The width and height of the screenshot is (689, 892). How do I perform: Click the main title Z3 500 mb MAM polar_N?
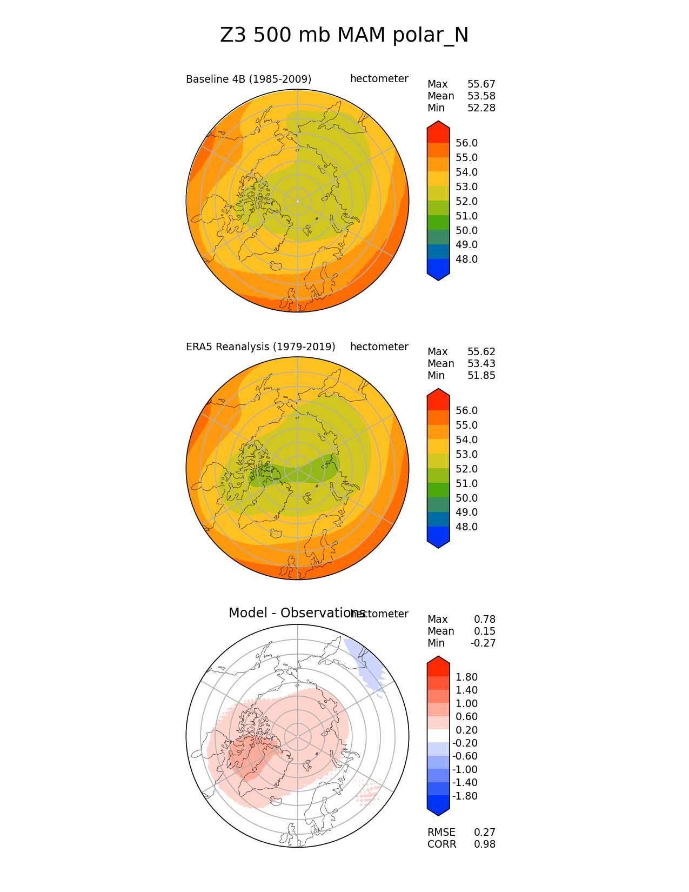(344, 36)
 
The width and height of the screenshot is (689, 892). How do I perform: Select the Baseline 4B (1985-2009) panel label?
(249, 79)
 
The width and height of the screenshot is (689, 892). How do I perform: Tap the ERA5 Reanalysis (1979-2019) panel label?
(260, 347)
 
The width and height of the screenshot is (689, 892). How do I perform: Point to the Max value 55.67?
(481, 84)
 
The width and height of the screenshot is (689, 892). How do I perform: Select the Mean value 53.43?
(481, 364)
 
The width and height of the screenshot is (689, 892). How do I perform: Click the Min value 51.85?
(481, 376)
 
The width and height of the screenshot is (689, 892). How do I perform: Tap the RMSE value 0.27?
(484, 833)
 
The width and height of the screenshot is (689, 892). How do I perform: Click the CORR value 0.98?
(484, 844)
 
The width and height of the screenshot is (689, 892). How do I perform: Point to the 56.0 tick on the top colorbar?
(466, 143)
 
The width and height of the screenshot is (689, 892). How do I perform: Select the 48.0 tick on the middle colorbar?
(466, 527)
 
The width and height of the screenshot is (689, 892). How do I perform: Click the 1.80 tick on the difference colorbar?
(466, 677)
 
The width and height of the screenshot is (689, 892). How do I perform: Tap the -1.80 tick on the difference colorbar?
(465, 796)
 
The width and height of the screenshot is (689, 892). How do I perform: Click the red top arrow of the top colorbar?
(438, 130)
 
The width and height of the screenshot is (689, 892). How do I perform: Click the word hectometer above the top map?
(379, 79)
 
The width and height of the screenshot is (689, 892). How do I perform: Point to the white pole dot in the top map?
(297, 201)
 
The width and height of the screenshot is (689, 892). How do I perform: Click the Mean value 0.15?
(484, 631)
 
